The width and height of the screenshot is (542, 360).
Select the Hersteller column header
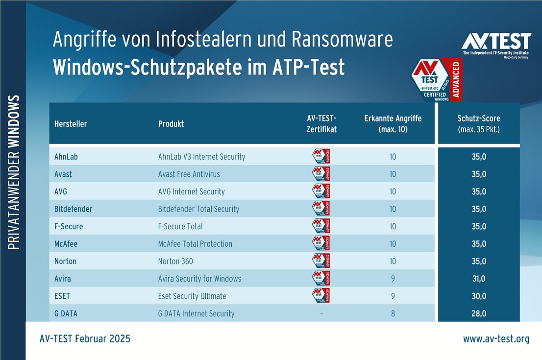point(71,124)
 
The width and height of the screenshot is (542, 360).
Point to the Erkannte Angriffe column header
point(393,124)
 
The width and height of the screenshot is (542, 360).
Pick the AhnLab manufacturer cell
point(66,157)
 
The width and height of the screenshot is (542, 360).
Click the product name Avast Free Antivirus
point(189,174)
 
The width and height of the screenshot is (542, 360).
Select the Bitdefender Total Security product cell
point(198,209)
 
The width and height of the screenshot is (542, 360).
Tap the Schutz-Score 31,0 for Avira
point(479,278)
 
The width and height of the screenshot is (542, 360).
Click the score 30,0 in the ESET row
point(479,296)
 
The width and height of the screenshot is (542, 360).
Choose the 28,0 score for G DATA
point(479,313)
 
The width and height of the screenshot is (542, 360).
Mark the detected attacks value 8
point(393,313)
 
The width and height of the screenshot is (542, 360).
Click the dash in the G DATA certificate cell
point(321,313)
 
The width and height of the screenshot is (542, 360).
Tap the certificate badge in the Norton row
point(321,261)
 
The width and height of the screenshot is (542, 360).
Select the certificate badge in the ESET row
point(321,295)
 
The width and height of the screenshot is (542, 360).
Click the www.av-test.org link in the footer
point(496,339)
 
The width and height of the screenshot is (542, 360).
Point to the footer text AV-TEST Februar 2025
point(85,339)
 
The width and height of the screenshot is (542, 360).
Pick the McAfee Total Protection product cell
point(195,243)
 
